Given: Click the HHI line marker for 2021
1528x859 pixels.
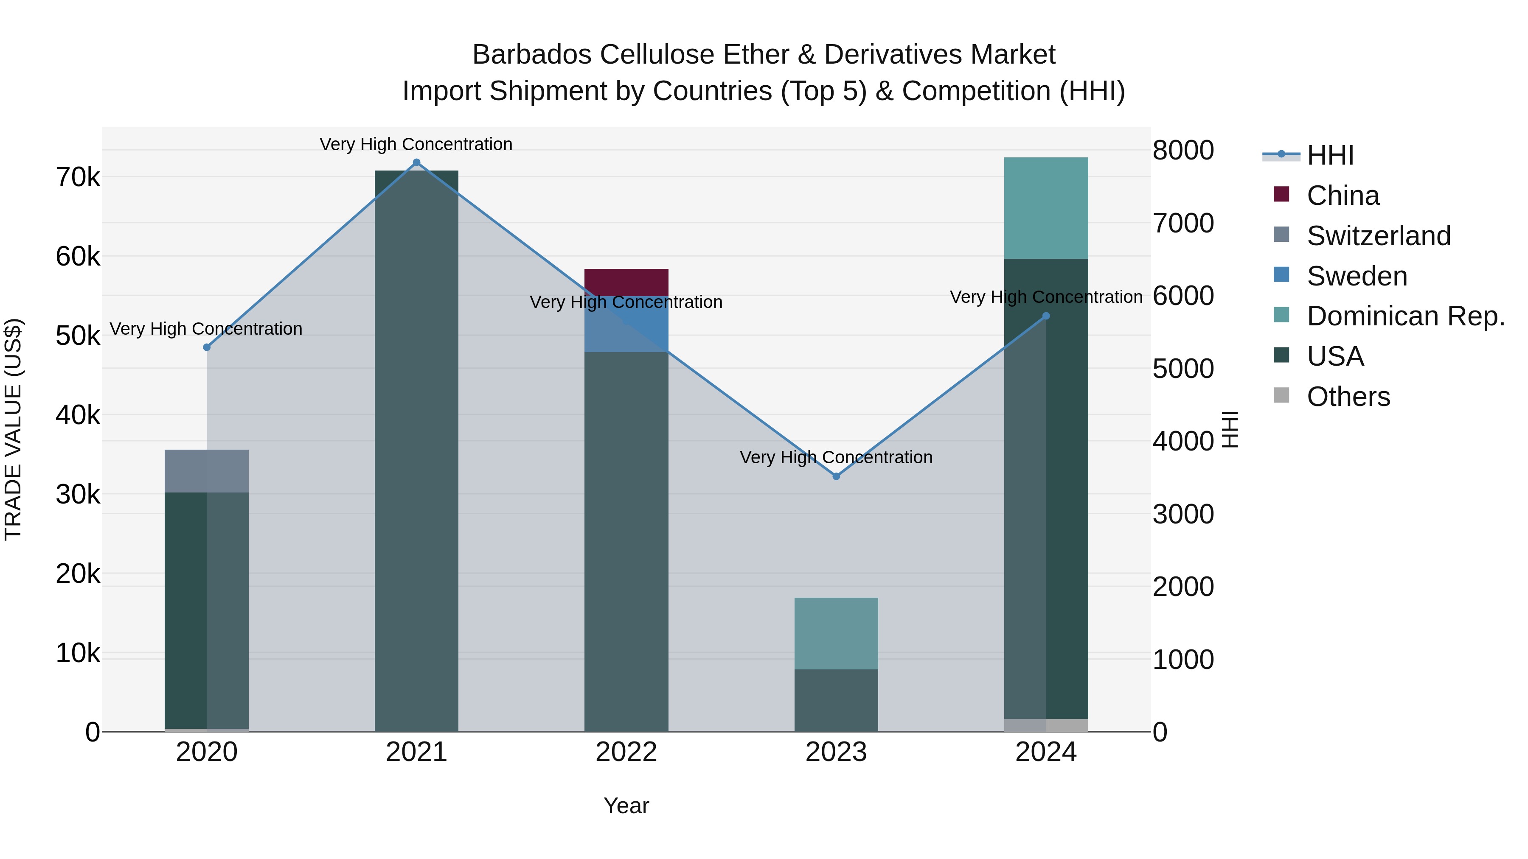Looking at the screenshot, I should [x=416, y=162].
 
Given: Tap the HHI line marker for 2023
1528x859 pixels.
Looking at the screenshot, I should [x=836, y=476].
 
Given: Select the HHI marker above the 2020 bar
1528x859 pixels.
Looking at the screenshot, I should [x=206, y=347].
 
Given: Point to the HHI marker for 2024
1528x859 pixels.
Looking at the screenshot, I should [x=1046, y=316].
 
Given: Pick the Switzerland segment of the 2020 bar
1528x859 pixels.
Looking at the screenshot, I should [x=206, y=471].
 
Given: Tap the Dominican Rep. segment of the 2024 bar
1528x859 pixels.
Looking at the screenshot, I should [x=1046, y=207].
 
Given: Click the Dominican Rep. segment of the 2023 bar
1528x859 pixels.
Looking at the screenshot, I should [x=836, y=633].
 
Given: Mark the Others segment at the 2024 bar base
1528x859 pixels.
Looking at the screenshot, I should [x=1046, y=725].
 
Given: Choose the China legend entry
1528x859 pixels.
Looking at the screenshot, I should [x=1343, y=196].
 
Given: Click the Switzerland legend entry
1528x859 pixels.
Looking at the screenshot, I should [x=1379, y=236].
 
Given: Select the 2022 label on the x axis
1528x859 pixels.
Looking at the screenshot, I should [x=626, y=752].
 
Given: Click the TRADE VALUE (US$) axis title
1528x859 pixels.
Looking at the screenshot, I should [x=13, y=429].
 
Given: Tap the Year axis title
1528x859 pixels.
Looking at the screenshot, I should [x=626, y=806].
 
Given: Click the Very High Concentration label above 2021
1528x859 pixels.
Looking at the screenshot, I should [x=416, y=144].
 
